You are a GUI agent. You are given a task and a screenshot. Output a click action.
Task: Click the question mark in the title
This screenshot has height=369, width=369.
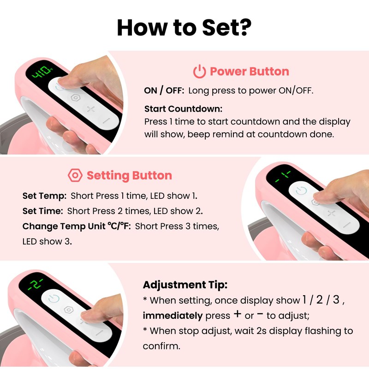click(x=244, y=28)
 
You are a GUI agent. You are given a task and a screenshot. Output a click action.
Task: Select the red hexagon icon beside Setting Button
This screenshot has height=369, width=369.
click(x=75, y=175)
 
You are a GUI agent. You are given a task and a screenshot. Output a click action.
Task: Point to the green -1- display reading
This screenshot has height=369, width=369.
click(x=283, y=176)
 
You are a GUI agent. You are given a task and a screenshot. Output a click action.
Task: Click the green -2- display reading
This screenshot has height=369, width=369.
click(x=36, y=284)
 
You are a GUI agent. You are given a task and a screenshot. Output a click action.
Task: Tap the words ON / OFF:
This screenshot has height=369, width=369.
click(x=164, y=90)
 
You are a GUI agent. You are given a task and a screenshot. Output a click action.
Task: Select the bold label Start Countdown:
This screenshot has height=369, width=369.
click(x=183, y=109)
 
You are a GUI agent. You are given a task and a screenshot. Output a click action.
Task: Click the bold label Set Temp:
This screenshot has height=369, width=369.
click(x=44, y=196)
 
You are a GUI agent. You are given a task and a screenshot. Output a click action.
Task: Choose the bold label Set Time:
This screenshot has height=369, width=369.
click(x=42, y=211)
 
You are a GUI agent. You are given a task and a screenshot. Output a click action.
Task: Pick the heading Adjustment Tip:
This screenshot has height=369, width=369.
click(x=185, y=285)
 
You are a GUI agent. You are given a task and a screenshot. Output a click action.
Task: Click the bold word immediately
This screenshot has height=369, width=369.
click(x=173, y=315)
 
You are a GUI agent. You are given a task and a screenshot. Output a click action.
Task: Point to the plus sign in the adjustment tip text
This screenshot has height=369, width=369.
click(x=238, y=314)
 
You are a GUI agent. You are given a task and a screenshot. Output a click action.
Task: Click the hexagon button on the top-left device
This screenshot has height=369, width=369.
click(x=76, y=98)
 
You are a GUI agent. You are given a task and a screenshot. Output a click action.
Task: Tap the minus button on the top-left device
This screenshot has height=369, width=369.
click(x=106, y=120)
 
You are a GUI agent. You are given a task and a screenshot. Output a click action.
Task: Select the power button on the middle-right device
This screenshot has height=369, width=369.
click(x=301, y=191)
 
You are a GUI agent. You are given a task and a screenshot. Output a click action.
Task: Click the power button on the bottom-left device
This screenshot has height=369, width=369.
click(x=54, y=299)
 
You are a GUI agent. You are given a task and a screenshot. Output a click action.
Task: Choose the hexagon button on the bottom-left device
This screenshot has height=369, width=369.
click(x=68, y=309)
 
